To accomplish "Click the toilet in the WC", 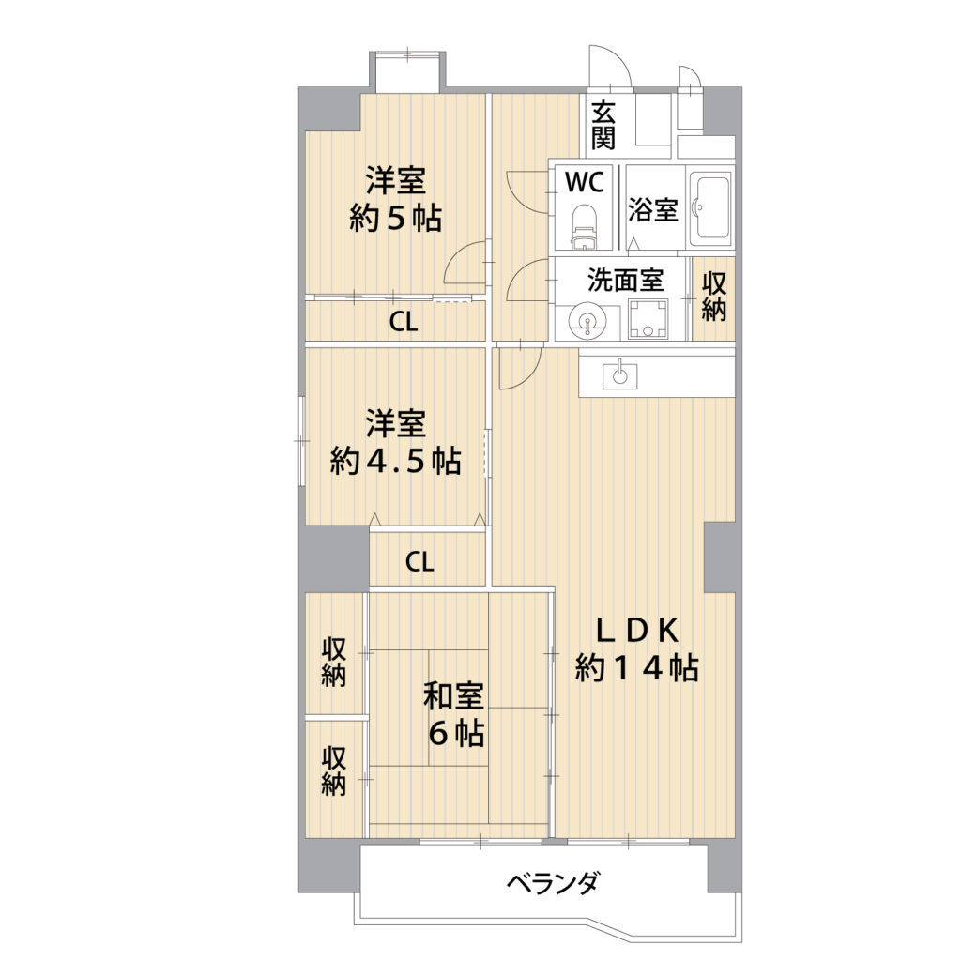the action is click(584, 227).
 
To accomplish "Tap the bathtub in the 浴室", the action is click(711, 207).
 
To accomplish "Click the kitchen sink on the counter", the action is click(619, 374).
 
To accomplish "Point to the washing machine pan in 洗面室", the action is click(648, 318).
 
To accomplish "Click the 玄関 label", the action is click(603, 126).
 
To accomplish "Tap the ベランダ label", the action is click(552, 883).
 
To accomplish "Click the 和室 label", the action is click(454, 696).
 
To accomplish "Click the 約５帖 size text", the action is click(395, 218).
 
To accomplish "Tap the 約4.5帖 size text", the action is click(395, 461).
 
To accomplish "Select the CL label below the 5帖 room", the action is click(404, 322).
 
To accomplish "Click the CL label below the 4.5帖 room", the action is click(419, 561).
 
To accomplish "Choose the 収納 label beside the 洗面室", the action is click(714, 297).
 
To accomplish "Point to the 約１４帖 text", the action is click(637, 668).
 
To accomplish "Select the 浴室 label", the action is click(653, 209).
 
